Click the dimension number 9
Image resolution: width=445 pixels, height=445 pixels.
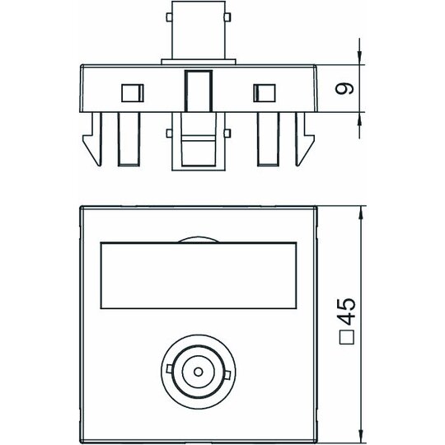[x=344, y=89]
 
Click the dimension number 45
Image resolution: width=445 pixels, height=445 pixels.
[x=347, y=311]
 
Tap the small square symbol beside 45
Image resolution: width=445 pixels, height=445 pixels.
[x=347, y=337]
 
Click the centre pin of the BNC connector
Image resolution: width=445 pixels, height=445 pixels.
[x=198, y=372]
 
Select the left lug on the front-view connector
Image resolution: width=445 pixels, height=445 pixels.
[x=169, y=369]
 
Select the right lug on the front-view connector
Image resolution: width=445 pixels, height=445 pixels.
[x=227, y=375]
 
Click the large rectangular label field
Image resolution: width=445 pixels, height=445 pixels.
[x=199, y=275]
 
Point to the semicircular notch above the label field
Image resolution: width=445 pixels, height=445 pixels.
[x=199, y=238]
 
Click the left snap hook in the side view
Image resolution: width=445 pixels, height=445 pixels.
[x=92, y=139]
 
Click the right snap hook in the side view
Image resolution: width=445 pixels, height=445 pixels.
[x=305, y=139]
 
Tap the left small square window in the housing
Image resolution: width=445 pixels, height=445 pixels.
[x=133, y=93]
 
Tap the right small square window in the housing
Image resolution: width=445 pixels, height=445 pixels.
[x=265, y=93]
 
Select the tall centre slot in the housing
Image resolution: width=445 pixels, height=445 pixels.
[x=199, y=91]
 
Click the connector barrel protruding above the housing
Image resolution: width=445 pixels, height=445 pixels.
[x=199, y=30]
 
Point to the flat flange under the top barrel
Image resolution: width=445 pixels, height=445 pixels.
[x=199, y=62]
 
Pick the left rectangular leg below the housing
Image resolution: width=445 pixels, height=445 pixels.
[x=129, y=139]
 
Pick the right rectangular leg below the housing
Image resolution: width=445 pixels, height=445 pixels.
[x=269, y=139]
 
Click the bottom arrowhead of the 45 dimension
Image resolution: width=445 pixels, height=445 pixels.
[x=361, y=433]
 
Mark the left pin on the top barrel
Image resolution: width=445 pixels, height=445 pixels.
[x=169, y=17]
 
